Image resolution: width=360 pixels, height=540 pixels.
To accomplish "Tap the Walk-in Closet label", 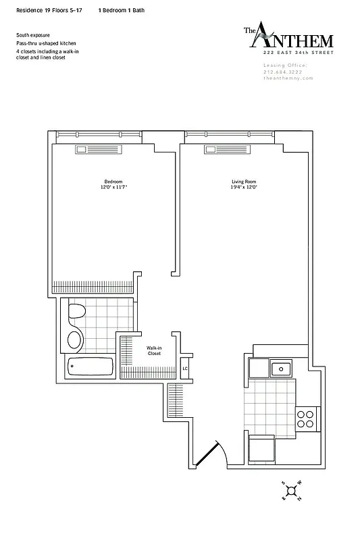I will pyautogui.click(x=154, y=350).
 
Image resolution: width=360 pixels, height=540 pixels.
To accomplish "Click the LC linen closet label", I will pyautogui.click(x=185, y=369).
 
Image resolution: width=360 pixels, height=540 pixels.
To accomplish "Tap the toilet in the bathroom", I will pyautogui.click(x=75, y=314).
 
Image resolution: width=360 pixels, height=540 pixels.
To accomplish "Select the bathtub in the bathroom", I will pyautogui.click(x=91, y=368).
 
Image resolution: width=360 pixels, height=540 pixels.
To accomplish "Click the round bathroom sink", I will pyautogui.click(x=75, y=338).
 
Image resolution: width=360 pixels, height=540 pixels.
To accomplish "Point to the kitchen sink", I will pyautogui.click(x=280, y=369).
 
